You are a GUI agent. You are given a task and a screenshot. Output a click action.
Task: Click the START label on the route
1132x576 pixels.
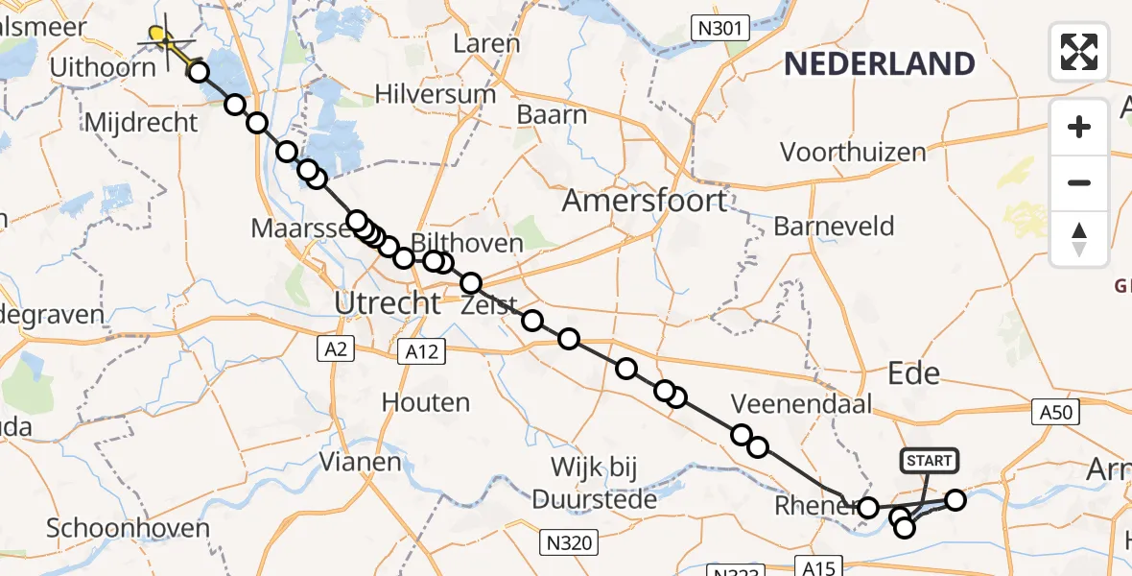point(929,461)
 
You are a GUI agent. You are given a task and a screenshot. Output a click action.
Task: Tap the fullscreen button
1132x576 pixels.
point(1079,51)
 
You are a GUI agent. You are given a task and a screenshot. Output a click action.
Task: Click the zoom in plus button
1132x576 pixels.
point(1079,127)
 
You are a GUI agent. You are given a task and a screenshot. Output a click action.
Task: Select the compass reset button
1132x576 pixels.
point(1079,239)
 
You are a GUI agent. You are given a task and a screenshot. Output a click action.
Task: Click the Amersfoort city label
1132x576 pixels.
point(645,202)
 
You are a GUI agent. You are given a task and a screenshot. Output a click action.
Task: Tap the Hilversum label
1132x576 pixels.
point(436,94)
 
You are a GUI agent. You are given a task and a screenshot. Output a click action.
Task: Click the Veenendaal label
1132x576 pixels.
point(793,402)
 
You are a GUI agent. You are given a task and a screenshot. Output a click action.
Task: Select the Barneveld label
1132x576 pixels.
point(834,227)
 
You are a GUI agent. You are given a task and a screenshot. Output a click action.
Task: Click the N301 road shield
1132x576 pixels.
point(719,28)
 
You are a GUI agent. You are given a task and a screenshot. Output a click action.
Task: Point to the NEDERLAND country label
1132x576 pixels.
point(880,64)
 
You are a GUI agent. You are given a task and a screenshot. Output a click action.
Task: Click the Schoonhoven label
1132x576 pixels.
point(128,528)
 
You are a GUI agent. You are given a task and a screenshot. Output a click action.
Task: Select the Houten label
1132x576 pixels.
point(426,402)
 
